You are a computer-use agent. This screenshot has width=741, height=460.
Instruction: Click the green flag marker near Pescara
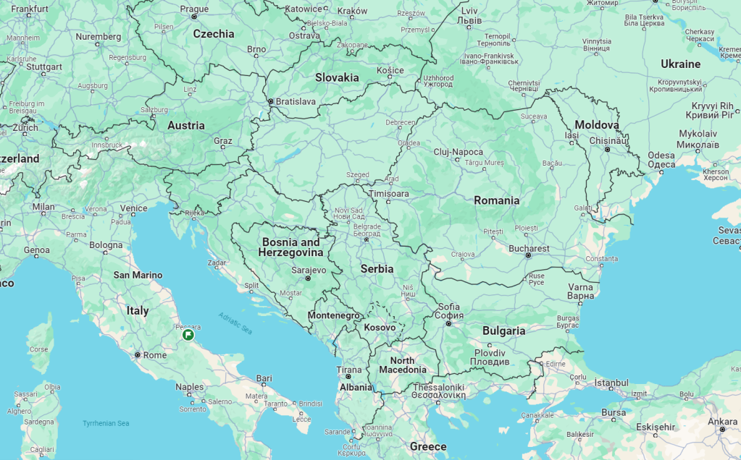tap(188, 335)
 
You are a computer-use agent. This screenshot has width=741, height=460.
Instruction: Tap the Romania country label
tap(496, 200)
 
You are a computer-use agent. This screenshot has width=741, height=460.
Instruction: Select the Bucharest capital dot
tap(528, 255)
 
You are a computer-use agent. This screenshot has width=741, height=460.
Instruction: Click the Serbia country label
tap(377, 268)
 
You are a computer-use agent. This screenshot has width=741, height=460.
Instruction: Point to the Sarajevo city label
tap(308, 270)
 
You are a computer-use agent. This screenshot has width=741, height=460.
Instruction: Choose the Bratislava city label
tap(296, 102)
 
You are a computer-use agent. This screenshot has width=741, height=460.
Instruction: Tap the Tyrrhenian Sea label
tap(106, 423)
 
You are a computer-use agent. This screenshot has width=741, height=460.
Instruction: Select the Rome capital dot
tap(137, 355)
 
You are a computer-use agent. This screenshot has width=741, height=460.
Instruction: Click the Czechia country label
tap(213, 33)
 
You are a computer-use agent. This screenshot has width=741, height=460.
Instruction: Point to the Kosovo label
tap(380, 327)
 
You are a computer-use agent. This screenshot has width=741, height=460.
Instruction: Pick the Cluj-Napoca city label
tap(459, 153)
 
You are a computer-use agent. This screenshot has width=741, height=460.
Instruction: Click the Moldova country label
tap(597, 125)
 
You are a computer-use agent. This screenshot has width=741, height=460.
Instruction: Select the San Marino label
tap(138, 275)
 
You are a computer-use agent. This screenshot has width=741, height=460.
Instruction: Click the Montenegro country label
tap(333, 316)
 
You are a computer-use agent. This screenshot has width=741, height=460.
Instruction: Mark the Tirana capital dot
tap(348, 377)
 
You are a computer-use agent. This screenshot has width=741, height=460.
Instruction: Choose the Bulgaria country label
tap(503, 331)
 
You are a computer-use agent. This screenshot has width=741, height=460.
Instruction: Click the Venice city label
tap(133, 208)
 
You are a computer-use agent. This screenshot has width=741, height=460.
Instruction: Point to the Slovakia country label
tap(336, 77)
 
